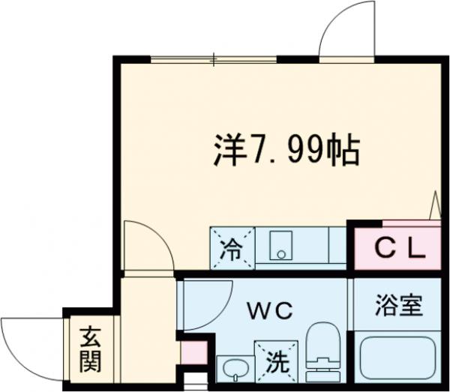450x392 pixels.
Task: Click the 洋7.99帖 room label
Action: (284, 151)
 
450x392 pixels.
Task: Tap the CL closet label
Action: (389, 247)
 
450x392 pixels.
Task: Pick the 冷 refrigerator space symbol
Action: (232, 247)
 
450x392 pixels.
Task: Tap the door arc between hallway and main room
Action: (146, 244)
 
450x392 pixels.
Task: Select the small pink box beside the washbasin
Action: (193, 352)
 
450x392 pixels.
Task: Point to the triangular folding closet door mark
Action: (435, 204)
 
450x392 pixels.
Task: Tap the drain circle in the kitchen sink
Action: (280, 253)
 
